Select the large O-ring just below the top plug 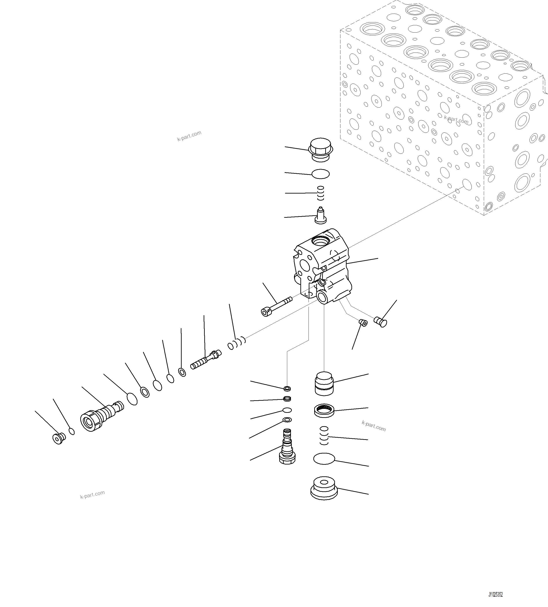pos(320,174)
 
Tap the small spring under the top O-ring pos(321,193)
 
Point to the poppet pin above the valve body pos(321,216)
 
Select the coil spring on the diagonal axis pos(237,344)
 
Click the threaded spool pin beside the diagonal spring pos(205,360)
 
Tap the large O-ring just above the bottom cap pos(324,459)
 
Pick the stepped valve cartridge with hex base pos(287,447)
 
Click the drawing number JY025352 pos(495,595)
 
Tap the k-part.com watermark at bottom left pos(92,494)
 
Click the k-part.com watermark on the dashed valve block pos(456,120)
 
